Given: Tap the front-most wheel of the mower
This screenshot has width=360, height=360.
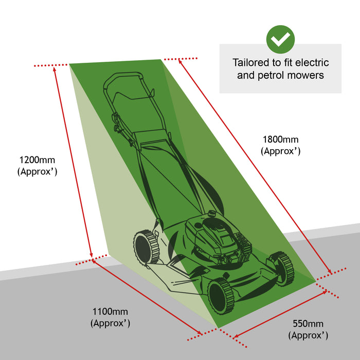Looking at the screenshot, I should (x=219, y=295).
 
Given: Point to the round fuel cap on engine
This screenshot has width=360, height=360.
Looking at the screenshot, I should (x=212, y=213).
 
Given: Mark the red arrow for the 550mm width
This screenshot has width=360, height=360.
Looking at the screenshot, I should (x=280, y=314).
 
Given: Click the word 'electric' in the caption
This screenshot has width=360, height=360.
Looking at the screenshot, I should (x=311, y=63).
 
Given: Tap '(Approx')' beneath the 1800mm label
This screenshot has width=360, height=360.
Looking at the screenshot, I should (x=280, y=152).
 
